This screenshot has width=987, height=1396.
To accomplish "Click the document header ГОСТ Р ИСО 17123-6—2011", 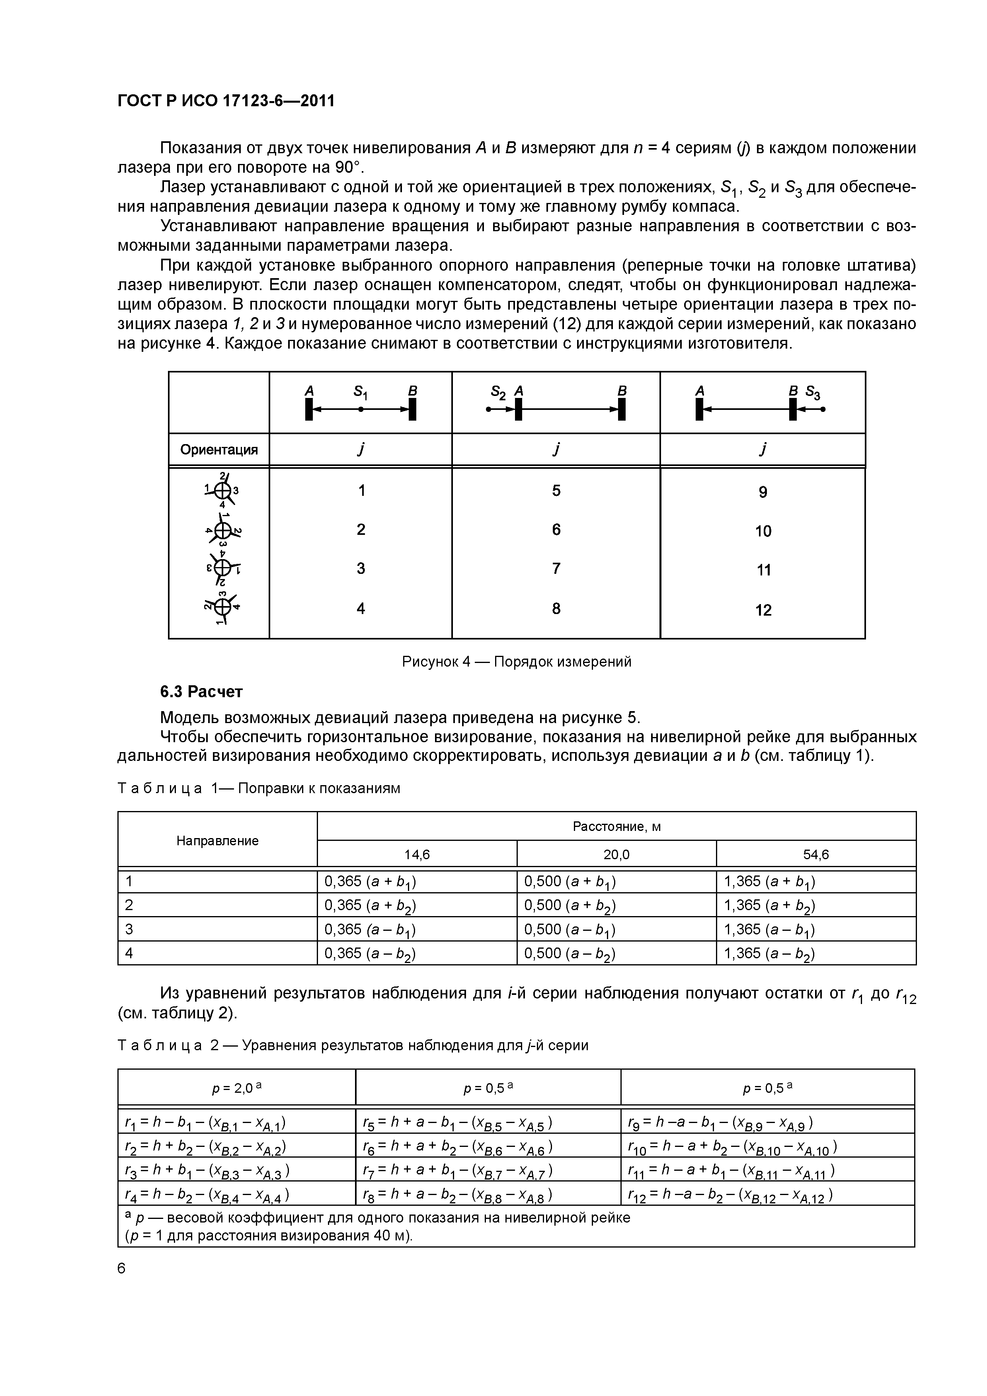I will coord(226,100).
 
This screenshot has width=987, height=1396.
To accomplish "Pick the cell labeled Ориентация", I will coord(218,450).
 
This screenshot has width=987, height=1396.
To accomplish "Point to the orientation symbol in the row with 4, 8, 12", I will coord(222,607).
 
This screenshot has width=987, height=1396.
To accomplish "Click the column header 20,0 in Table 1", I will coord(616,854).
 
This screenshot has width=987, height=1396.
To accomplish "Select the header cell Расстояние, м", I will coord(616,826).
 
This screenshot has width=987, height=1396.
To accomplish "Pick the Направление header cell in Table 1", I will coord(217,840).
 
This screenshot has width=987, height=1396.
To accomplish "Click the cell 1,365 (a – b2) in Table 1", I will coord(769,953).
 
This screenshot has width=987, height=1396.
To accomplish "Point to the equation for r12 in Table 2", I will coord(730,1195).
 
